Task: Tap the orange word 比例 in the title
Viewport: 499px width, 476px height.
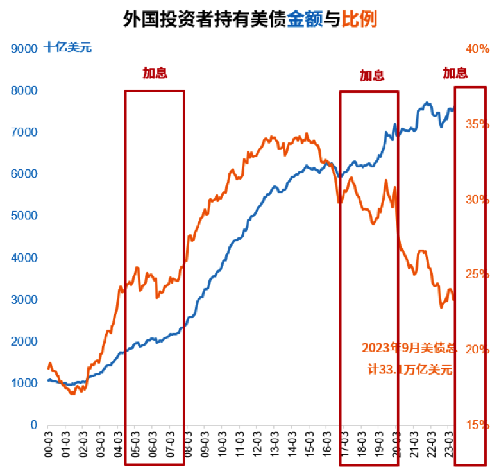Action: (x=359, y=19)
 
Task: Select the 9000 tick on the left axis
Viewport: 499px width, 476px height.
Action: (x=24, y=49)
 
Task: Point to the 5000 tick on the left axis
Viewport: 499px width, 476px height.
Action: (x=24, y=216)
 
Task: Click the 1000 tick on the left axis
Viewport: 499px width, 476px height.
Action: (x=24, y=384)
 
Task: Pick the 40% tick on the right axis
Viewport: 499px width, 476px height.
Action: (x=477, y=49)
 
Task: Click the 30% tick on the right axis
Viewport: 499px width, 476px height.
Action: (x=477, y=200)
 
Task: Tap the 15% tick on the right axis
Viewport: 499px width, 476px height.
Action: (x=477, y=425)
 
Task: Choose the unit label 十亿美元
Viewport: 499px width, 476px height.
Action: (x=68, y=47)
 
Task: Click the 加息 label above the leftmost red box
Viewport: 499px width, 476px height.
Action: (x=155, y=72)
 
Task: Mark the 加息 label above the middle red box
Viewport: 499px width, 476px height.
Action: (x=371, y=75)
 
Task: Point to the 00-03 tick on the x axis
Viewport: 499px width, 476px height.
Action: (x=49, y=444)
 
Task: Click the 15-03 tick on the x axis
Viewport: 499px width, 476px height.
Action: (x=309, y=444)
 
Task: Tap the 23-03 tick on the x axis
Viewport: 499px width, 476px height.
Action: (x=448, y=444)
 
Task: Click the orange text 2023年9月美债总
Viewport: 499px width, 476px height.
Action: (x=409, y=348)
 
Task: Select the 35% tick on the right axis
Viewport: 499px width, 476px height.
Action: (x=477, y=124)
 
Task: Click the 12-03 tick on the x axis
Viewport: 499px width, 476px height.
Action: (x=257, y=444)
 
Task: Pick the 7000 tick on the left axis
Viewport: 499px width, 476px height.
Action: (x=24, y=132)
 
